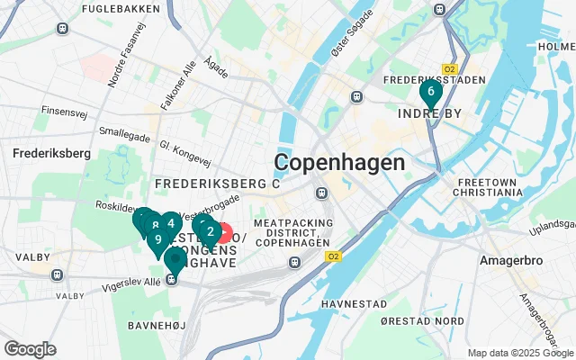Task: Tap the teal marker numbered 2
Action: (210, 232)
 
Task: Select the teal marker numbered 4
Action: (170, 224)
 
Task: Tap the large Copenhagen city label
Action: (339, 163)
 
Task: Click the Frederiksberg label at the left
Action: (47, 153)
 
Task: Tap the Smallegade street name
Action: (120, 131)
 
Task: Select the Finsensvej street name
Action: (62, 112)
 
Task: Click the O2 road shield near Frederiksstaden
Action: (450, 68)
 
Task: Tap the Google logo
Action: (30, 349)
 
